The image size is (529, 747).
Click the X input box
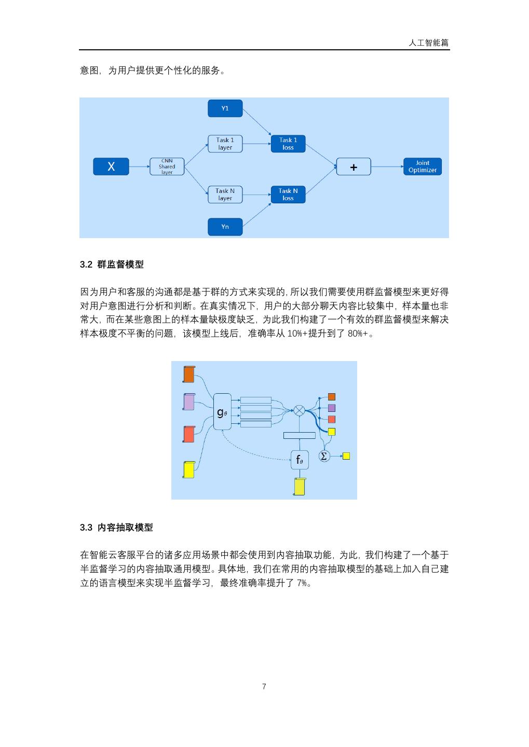[x=111, y=167]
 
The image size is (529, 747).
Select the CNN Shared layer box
[x=167, y=167]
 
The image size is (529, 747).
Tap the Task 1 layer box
[x=225, y=144]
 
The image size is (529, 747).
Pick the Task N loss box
[x=288, y=195]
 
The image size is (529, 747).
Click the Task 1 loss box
[x=288, y=144]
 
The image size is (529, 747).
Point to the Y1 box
[x=225, y=108]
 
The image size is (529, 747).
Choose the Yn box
[x=225, y=227]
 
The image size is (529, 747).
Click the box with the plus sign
[x=354, y=167]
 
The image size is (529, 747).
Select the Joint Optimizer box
[x=423, y=167]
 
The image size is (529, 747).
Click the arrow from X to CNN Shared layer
[x=139, y=167]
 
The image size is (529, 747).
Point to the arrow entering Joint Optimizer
[x=387, y=167]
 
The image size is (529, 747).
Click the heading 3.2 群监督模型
[x=112, y=265]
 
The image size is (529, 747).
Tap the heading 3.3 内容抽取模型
[x=116, y=528]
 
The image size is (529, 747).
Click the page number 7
[x=264, y=687]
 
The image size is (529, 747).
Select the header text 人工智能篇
[x=428, y=43]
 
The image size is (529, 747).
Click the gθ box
[x=222, y=412]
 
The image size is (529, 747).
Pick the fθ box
[x=300, y=460]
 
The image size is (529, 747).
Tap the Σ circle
[x=324, y=457]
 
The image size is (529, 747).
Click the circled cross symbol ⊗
[x=300, y=411]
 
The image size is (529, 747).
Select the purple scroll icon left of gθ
[x=189, y=402]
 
